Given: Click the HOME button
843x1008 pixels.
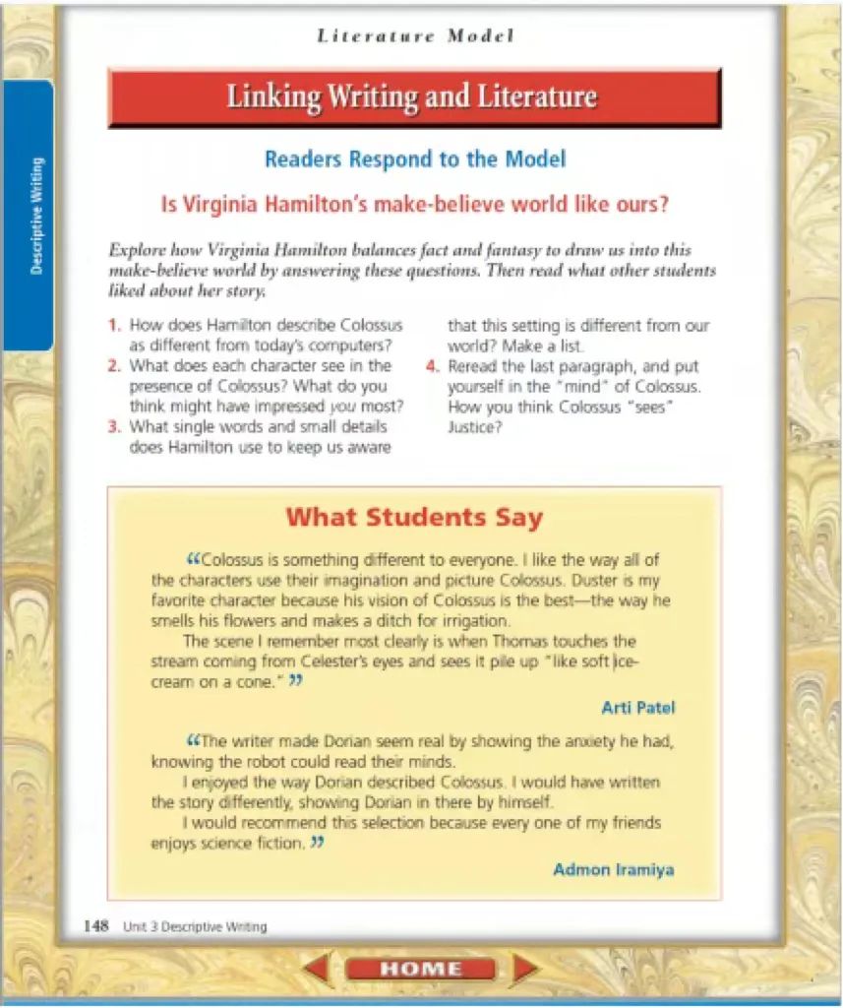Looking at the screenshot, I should pos(420,969).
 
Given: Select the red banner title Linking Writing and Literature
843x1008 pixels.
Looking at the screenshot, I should pos(412,96).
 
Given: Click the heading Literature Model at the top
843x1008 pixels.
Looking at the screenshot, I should pos(415,36).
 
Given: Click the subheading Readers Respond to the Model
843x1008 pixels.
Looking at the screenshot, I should pos(414,158).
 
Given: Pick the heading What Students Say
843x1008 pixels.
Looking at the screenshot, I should pos(413,517).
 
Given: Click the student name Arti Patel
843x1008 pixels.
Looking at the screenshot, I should pos(637,708).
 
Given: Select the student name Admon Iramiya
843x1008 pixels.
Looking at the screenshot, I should pos(613,869).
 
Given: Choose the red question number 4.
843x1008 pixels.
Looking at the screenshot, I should pos(432,366).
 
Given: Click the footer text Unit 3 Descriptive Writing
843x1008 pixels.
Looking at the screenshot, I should pos(195,926).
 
